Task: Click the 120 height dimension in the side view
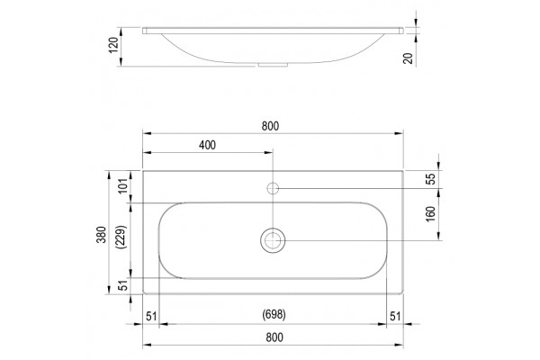coord(113,45)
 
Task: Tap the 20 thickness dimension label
coord(408,58)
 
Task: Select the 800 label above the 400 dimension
coord(270,126)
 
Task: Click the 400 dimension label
coord(207,145)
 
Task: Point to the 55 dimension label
coord(431,179)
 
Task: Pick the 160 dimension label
coord(431,214)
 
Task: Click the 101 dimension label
coord(123,186)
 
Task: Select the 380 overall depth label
coord(102,235)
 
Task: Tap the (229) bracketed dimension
coord(122,238)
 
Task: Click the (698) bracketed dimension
coord(274,314)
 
